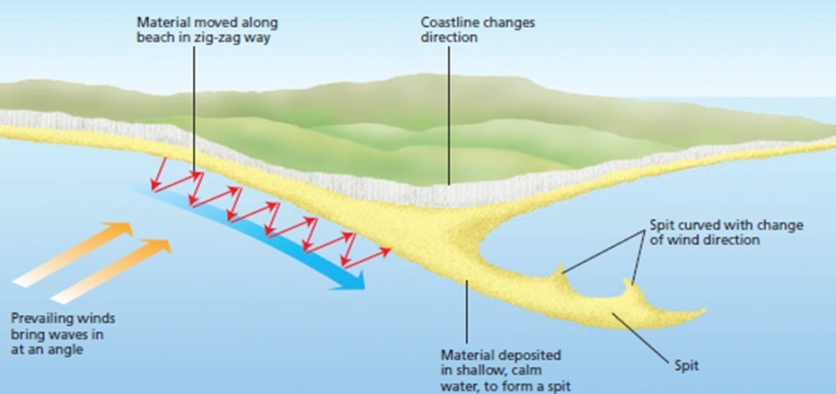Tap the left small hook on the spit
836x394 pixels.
[561, 269]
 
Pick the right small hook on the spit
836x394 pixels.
[630, 286]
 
